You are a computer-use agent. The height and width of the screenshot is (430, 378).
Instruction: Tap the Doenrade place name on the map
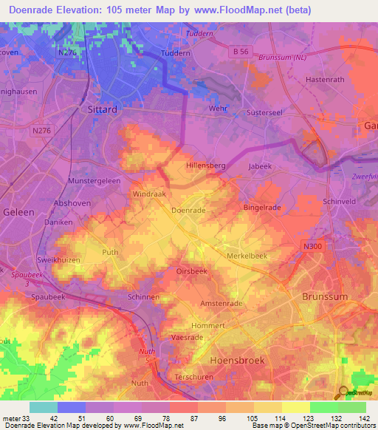[x=188, y=210]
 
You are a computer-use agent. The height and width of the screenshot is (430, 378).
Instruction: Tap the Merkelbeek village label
[x=252, y=255]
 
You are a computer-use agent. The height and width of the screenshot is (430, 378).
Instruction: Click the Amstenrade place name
[x=221, y=304]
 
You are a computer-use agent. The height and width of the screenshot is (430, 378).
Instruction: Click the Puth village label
[x=110, y=252]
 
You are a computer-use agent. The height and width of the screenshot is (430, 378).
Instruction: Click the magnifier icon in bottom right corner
[x=341, y=392]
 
